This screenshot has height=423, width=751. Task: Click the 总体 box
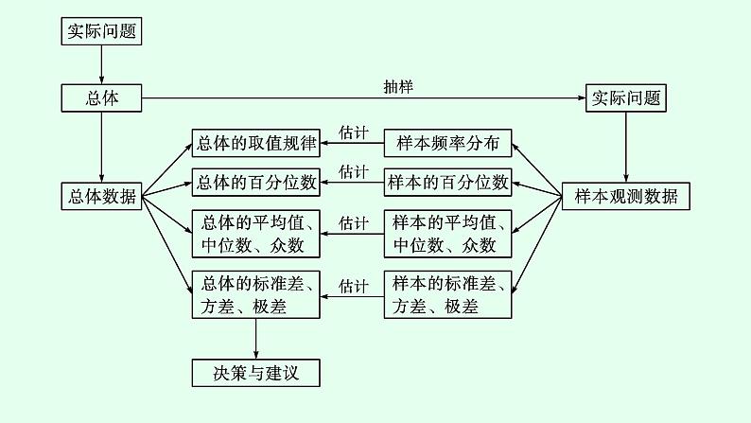(101, 97)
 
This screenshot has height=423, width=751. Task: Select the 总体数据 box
(101, 197)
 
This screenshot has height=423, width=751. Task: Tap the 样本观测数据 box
(625, 197)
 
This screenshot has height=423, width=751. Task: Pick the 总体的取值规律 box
(255, 144)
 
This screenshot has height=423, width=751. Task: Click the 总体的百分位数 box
(255, 180)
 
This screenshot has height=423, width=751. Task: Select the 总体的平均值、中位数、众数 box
(255, 234)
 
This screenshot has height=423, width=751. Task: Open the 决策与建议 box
(255, 373)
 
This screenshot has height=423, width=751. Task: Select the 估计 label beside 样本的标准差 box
(353, 285)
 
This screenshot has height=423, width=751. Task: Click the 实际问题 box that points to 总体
(101, 31)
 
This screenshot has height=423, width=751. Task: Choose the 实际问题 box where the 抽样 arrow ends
(625, 97)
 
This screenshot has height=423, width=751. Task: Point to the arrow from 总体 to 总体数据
(101, 147)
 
